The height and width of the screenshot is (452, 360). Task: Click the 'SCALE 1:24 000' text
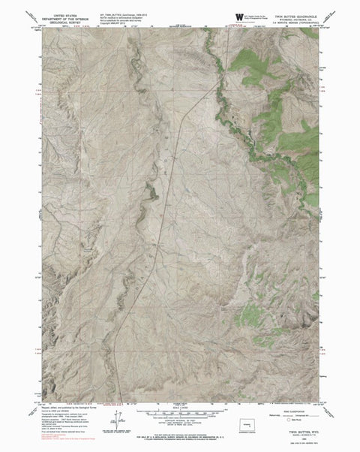coord(180,408)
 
